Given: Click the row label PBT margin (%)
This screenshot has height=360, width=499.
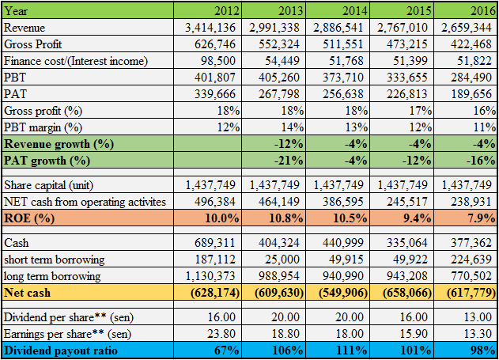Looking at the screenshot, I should (44, 127).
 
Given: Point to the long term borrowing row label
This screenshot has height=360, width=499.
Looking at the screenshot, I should (53, 276).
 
